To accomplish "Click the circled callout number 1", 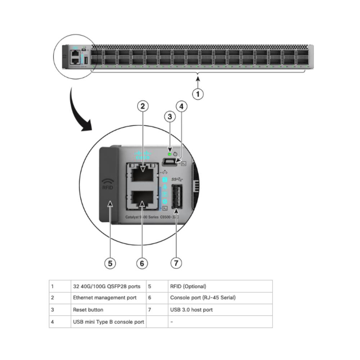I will [198, 94].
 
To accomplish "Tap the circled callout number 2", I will [143, 106].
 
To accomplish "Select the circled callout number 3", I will [170, 117].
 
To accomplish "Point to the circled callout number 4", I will [181, 106].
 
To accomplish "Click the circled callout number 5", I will [110, 263].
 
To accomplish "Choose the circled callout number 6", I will [142, 263].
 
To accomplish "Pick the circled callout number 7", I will [176, 263].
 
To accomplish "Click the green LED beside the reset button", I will [170, 154].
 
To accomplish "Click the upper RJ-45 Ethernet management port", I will [143, 175].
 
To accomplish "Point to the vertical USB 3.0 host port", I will [176, 197].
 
